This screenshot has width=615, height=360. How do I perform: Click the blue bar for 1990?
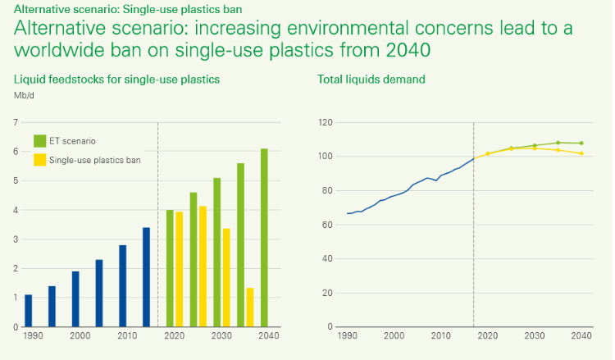pos(28,311)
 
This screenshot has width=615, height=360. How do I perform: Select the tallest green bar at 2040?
pos(265,238)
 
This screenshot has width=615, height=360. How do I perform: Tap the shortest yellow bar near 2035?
pos(250,308)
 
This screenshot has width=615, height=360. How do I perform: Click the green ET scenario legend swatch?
pos(39,140)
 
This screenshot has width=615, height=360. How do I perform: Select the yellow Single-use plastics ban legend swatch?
pos(39,160)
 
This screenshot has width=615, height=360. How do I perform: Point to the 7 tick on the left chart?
pos(15,122)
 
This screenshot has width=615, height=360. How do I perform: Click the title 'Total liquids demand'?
pos(371,80)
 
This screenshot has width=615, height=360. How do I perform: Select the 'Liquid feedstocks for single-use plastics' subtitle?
pos(116,80)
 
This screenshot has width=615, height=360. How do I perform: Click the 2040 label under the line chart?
pos(581,336)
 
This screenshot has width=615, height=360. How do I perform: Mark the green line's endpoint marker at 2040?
pos(581,143)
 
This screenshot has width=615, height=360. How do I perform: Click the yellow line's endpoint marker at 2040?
pos(581,153)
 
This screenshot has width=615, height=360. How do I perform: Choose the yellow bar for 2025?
pos(203,267)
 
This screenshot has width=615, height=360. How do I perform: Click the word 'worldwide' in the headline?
pos(56,49)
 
